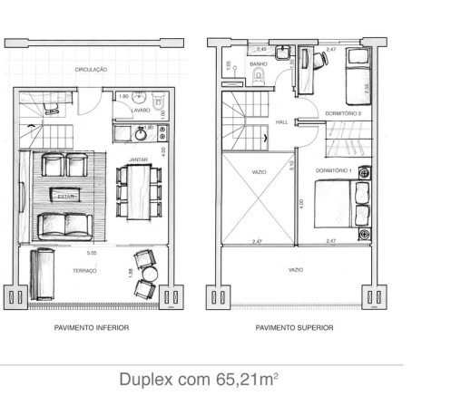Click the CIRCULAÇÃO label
pos(92,69)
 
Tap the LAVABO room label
pos(141,111)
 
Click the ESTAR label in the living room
pos(66,194)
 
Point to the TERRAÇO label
pos(86,270)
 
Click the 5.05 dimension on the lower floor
pos(92,254)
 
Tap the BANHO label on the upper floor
pos(259,63)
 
